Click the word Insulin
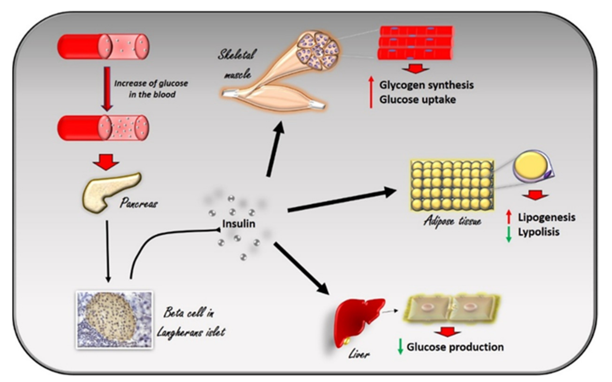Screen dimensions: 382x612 coord(239,224)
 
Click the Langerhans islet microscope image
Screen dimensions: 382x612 coord(115,320)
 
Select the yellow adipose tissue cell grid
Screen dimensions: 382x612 coord(452,185)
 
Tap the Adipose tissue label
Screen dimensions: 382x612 coord(452,221)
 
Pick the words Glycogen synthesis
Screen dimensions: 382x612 coord(426,85)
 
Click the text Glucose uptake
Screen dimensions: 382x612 coord(417,100)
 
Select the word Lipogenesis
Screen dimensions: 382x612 coord(546,218)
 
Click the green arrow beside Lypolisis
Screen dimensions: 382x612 coord(508,234)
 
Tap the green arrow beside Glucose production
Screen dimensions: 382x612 coord(400,347)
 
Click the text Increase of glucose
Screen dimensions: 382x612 coord(151,84)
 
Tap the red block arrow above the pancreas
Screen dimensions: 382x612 coord(106,162)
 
